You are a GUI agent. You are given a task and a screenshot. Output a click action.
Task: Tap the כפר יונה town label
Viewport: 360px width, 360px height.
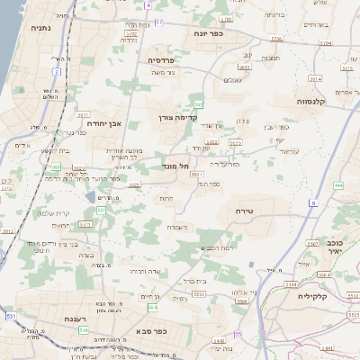coord(208,33)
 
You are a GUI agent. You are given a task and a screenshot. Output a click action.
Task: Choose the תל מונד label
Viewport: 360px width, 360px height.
coord(177,166)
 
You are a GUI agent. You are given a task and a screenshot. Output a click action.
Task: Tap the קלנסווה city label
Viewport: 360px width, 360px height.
coord(316,102)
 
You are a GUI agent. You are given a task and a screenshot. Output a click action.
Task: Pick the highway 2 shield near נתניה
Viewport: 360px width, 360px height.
coord(57,70)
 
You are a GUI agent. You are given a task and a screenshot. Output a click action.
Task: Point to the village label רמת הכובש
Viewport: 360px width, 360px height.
coord(217,247)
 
